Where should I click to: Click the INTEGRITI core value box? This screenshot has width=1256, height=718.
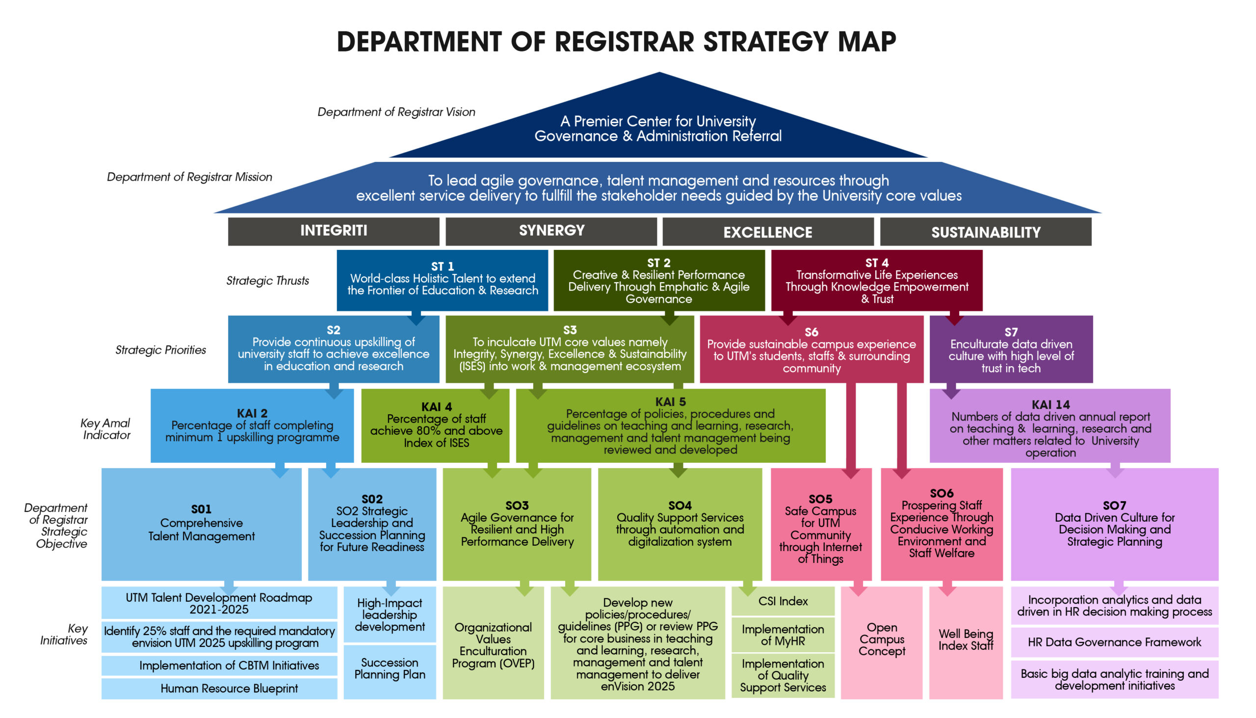[333, 231]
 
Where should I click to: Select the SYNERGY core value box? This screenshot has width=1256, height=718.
[551, 231]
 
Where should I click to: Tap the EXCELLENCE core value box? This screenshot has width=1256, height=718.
[768, 231]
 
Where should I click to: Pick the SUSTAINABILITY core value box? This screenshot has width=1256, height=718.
[986, 231]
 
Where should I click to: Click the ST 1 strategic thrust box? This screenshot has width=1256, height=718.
[442, 280]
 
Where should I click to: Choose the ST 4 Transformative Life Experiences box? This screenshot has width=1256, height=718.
[877, 280]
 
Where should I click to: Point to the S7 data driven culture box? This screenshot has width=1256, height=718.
[1011, 349]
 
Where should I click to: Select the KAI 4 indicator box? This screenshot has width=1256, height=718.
[435, 425]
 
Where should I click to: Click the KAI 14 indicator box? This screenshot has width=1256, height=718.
[1050, 425]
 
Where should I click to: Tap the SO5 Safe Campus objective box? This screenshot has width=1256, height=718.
[821, 524]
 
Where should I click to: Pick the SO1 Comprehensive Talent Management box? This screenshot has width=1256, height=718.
[202, 524]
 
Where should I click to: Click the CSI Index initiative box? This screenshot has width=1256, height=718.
[783, 601]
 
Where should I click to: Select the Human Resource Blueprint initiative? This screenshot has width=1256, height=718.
[219, 689]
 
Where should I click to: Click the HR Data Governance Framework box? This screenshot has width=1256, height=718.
[1115, 642]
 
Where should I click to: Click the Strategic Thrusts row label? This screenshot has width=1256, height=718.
[268, 281]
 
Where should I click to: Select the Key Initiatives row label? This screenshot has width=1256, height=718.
[65, 634]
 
